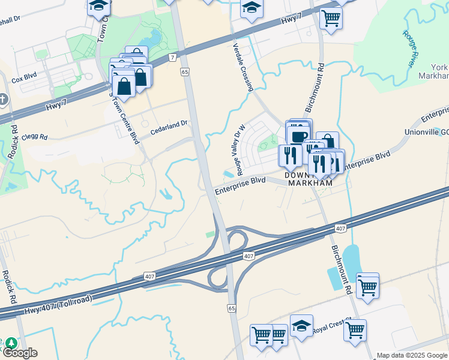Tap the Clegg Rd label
pos(35,137)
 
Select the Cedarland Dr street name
pos(169,123)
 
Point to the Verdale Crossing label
pos(242,67)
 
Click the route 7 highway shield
pos(173,58)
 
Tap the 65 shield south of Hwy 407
pos(232,308)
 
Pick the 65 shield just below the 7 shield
pos(184,71)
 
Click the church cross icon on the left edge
pos(4,98)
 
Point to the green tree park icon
pos(11,344)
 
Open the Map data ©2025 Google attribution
pos(411,355)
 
